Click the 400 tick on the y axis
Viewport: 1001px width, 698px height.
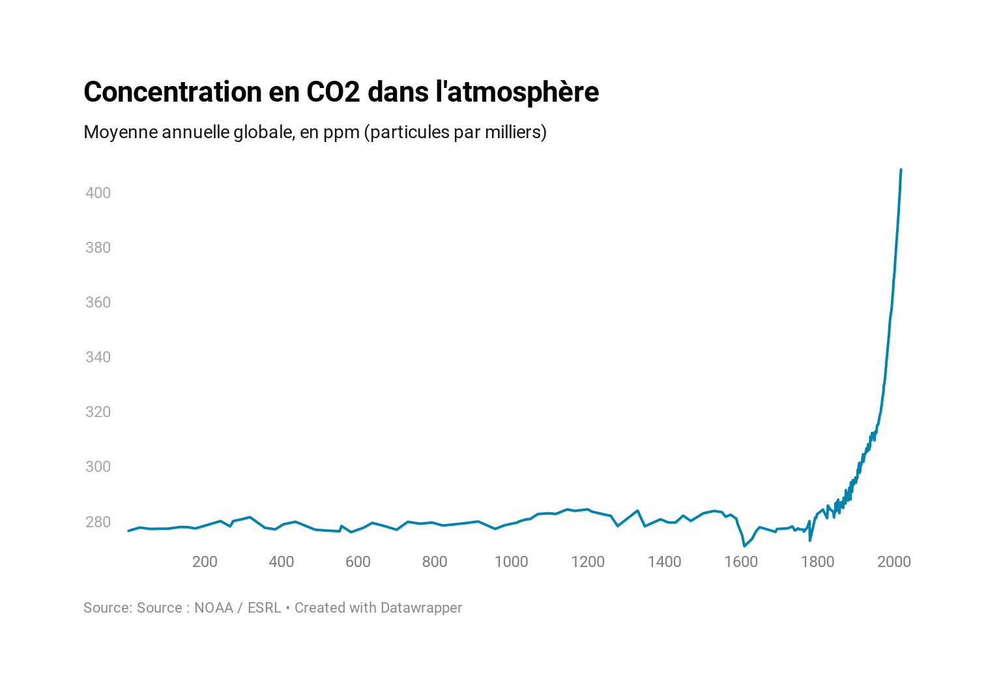pos(98,193)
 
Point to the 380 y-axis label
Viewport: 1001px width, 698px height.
pos(98,248)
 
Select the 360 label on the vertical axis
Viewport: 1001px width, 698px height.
pos(98,302)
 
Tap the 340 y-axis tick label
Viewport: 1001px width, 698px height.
pos(98,357)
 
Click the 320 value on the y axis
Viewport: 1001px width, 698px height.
pos(98,412)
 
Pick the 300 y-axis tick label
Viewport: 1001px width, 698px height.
pos(98,467)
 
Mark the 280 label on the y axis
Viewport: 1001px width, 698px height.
pos(98,522)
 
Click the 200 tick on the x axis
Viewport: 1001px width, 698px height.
pos(205,562)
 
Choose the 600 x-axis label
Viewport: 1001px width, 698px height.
pos(358,562)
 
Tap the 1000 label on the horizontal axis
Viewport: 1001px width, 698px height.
pos(511,562)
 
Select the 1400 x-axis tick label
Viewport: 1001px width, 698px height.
pos(664,562)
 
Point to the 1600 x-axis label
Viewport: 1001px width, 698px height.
pos(741,562)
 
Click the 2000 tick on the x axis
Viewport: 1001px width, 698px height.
pos(894,562)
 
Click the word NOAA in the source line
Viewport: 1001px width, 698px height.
pos(213,608)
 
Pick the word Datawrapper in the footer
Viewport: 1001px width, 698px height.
pos(421,608)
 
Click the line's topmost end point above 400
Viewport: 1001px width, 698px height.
pos(901,170)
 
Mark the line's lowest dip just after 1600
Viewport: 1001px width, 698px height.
pos(744,545)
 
